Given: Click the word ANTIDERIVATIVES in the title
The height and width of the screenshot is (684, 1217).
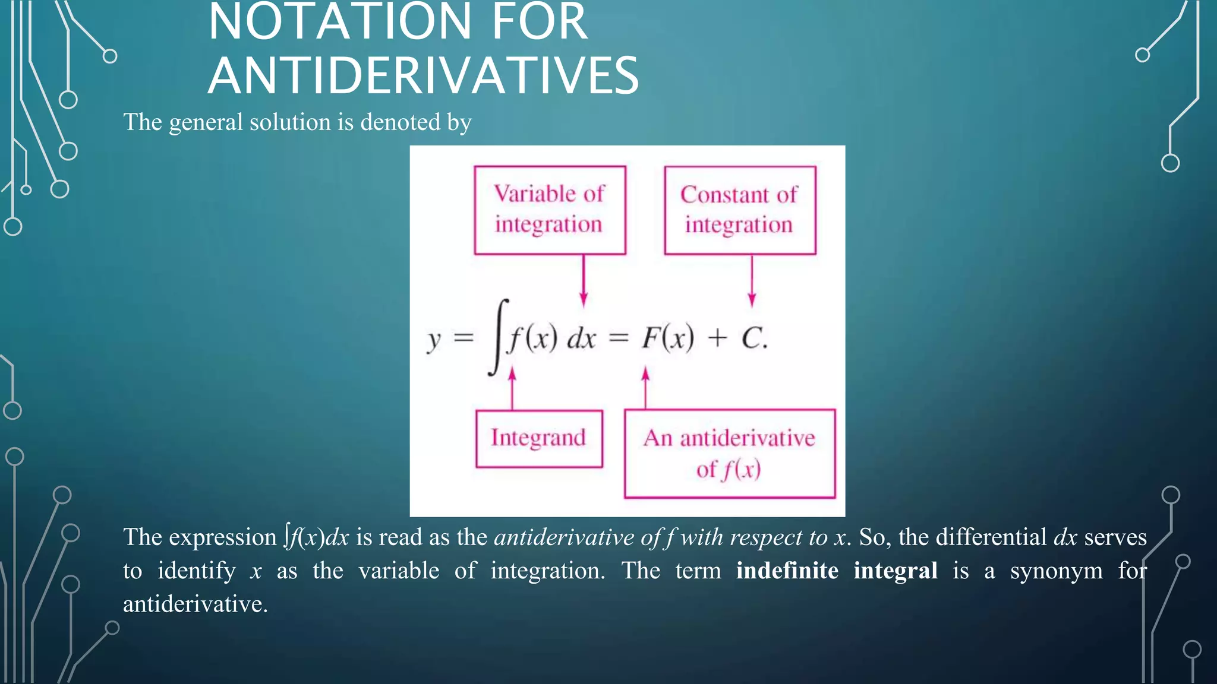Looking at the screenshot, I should click(423, 75).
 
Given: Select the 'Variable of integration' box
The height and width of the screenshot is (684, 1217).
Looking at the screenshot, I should click(550, 210).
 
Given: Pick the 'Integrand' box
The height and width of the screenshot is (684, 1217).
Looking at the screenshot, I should click(539, 438).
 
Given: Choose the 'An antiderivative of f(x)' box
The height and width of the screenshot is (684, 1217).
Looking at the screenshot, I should click(730, 454).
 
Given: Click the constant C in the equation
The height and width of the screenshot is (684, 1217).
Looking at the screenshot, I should click(752, 338).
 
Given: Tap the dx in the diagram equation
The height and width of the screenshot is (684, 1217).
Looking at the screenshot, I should click(581, 339).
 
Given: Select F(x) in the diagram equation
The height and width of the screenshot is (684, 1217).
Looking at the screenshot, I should click(667, 338).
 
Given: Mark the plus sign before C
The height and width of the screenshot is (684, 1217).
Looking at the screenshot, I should click(717, 338).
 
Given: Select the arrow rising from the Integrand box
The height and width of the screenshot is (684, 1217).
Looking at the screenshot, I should click(512, 389).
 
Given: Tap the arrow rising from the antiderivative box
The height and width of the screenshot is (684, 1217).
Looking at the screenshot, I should click(645, 388).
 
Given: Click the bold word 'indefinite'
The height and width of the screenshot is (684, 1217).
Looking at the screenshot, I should click(787, 571).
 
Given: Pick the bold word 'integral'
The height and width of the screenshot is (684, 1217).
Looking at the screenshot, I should click(896, 571).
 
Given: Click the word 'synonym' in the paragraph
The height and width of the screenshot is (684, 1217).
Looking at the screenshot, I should click(1056, 571).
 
